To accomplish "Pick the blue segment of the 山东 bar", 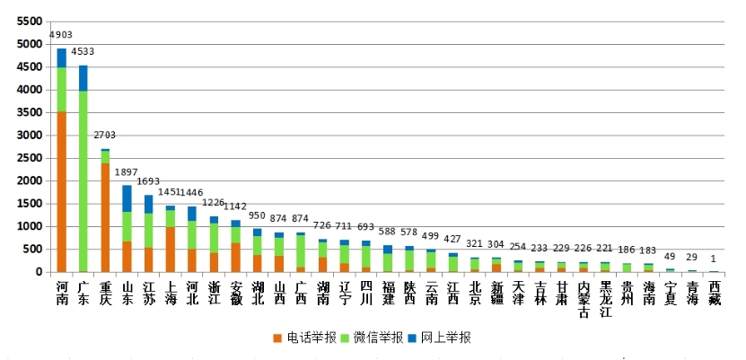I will tap(127, 198).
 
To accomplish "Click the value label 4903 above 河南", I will tap(61, 35).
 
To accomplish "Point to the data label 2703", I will tap(105, 136).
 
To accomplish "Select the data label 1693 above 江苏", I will tap(148, 181).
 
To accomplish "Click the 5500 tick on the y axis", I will tap(29, 21).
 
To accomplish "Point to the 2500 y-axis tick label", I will tap(29, 158).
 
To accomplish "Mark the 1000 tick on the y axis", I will tap(29, 226).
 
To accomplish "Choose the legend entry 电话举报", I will tap(305, 338).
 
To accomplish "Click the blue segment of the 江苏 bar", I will tap(149, 204).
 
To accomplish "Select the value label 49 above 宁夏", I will tap(671, 256).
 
